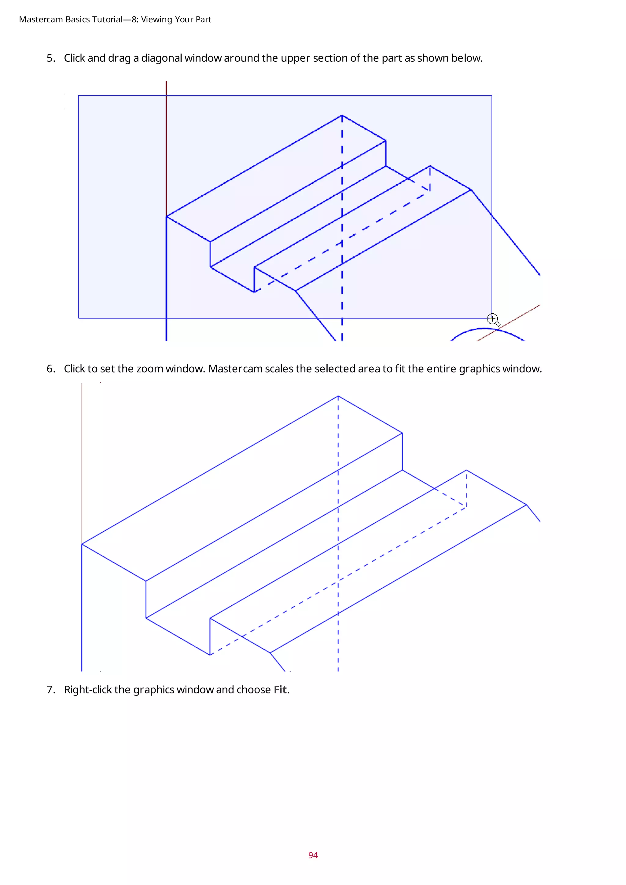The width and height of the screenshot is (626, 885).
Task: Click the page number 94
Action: (x=313, y=855)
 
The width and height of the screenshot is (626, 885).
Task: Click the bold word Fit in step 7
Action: (x=280, y=690)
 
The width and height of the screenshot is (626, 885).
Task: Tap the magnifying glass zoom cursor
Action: (x=493, y=319)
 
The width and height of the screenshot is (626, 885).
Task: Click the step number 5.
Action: (x=50, y=58)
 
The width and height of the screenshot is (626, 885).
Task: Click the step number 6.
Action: (x=50, y=369)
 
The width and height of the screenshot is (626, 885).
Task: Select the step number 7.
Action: (x=50, y=690)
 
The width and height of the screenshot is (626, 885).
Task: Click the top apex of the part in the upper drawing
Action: (x=342, y=115)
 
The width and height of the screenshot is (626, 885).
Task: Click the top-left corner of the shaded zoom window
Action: (x=79, y=96)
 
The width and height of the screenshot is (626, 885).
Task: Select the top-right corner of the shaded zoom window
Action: (x=492, y=96)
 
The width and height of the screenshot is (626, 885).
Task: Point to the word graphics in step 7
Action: (x=153, y=690)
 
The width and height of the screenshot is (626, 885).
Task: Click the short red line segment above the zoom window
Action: (x=167, y=88)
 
